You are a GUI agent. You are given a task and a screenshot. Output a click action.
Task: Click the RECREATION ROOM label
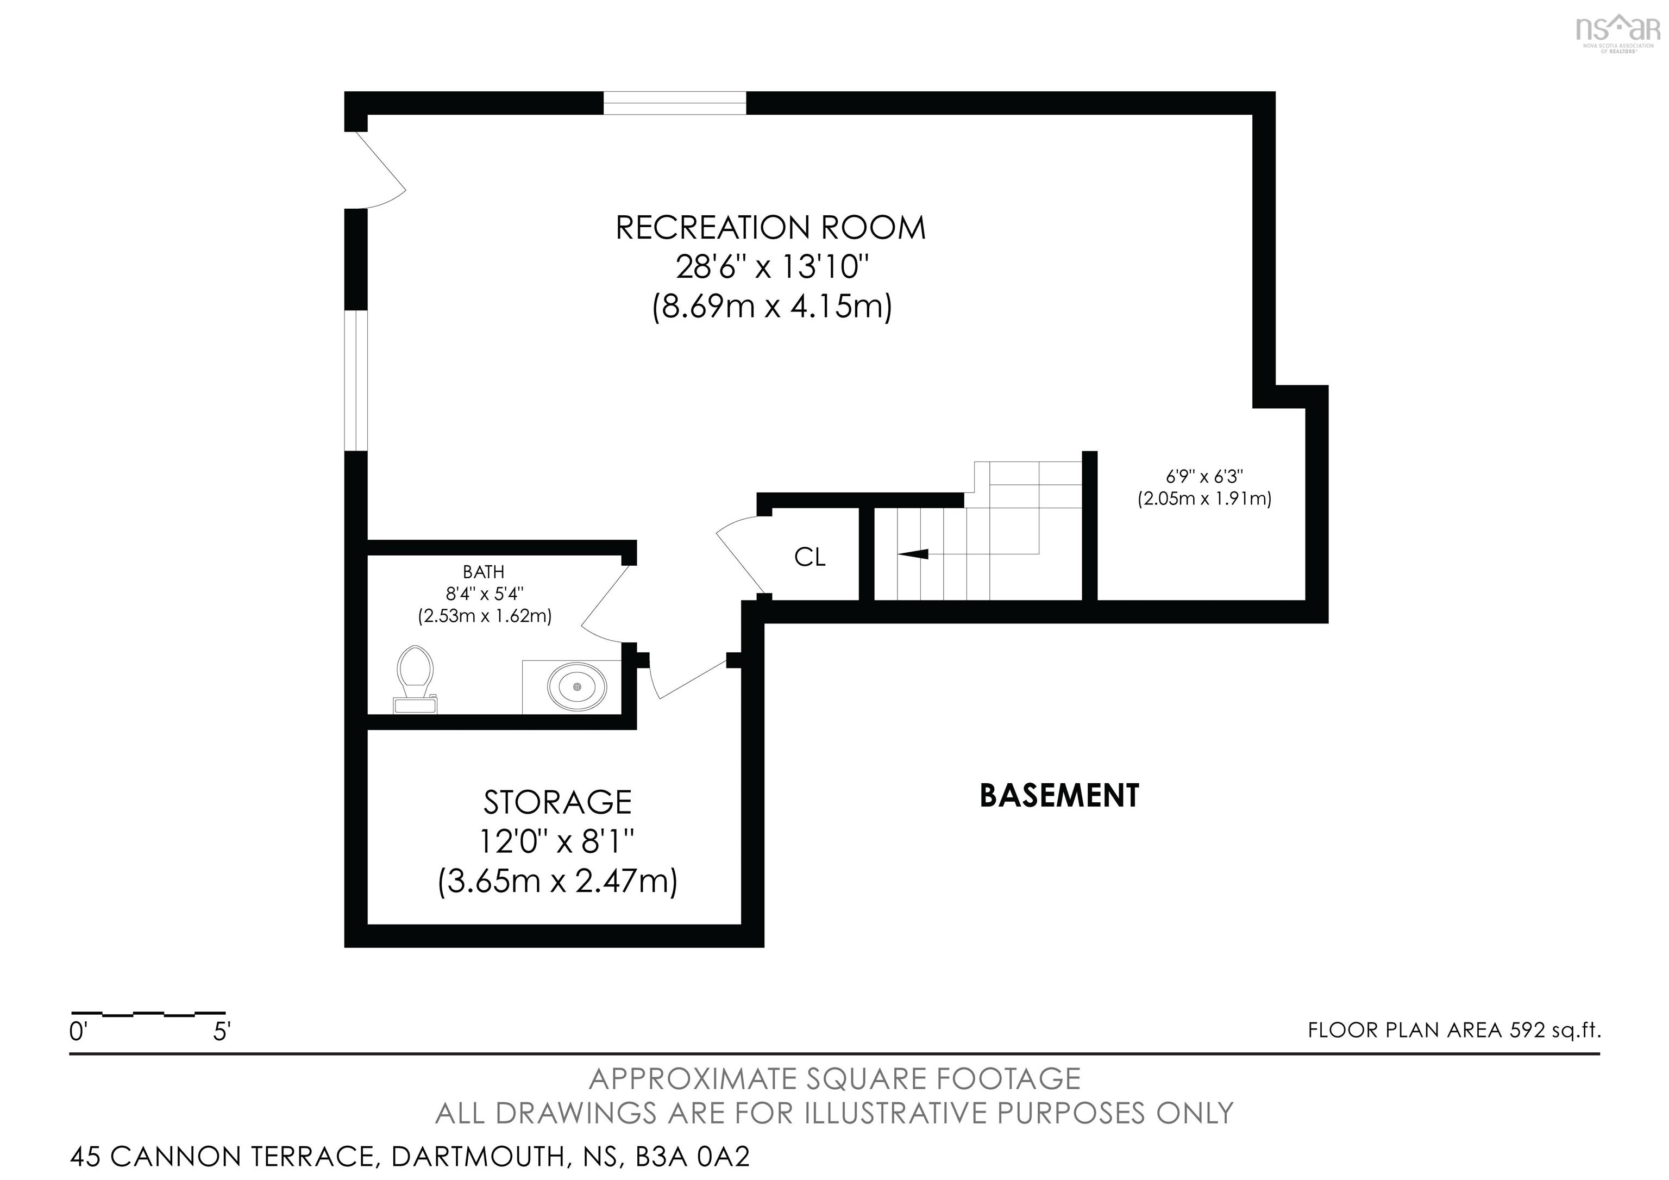[770, 228]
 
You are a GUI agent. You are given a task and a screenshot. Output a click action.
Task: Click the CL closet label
[810, 557]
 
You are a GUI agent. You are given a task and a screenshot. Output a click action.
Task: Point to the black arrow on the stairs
[914, 554]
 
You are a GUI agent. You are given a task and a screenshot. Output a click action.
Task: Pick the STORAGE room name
[557, 803]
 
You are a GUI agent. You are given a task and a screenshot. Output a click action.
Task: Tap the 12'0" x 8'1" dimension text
[557, 842]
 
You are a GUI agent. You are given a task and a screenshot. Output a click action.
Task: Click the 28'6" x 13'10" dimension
[772, 267]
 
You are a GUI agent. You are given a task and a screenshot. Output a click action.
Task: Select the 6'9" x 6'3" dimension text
[1204, 477]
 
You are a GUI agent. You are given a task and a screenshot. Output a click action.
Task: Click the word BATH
[484, 572]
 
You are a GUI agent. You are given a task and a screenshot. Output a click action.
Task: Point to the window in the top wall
[675, 103]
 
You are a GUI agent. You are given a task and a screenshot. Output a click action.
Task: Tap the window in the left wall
[355, 380]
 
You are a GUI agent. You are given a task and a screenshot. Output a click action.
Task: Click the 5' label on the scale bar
[222, 1032]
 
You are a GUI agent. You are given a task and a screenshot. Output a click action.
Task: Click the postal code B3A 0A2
[692, 1156]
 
